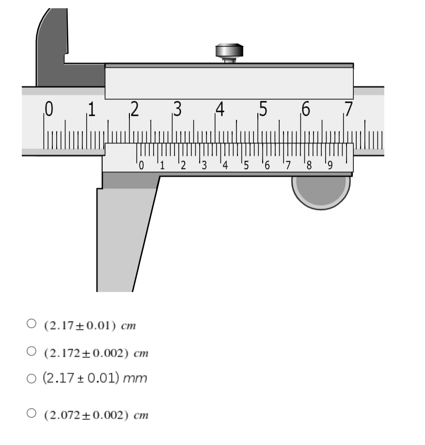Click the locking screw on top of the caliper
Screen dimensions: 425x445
[x=229, y=53]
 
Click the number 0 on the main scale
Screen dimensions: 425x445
[x=49, y=109]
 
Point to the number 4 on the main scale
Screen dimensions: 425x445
[x=220, y=109]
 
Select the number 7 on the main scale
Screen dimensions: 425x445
[x=348, y=109]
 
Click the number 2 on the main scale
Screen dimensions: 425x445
[x=134, y=109]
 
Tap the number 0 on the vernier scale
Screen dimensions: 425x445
[x=141, y=166]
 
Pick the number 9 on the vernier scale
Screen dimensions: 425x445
[x=330, y=166]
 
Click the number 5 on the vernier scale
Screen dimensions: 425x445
[x=246, y=166]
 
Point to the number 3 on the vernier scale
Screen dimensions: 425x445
[x=204, y=166]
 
